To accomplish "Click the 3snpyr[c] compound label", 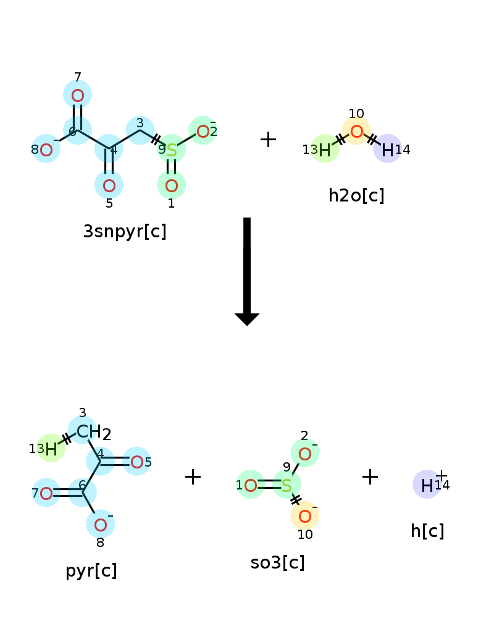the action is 125,231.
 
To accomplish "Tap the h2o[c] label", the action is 356,195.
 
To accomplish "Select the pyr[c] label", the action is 91,570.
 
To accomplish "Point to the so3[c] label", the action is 278,562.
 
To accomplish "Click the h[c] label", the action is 427,531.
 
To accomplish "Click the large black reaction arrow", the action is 247,271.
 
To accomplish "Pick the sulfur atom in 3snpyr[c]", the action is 172,150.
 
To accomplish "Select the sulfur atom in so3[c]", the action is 287,486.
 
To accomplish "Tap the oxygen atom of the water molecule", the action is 356,131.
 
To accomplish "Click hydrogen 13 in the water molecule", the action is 325,150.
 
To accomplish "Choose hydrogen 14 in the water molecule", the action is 388,150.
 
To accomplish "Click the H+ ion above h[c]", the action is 427,485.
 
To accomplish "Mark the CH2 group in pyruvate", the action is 94,433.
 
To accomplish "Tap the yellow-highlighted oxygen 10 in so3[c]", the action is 305,516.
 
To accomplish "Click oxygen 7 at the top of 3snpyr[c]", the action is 78,96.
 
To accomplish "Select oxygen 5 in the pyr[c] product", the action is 136,462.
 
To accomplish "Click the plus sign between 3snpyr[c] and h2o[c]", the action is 268,140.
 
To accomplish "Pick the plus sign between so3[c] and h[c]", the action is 370,477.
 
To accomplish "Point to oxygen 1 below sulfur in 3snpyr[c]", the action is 172,185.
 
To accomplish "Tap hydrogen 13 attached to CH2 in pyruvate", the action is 51,449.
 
